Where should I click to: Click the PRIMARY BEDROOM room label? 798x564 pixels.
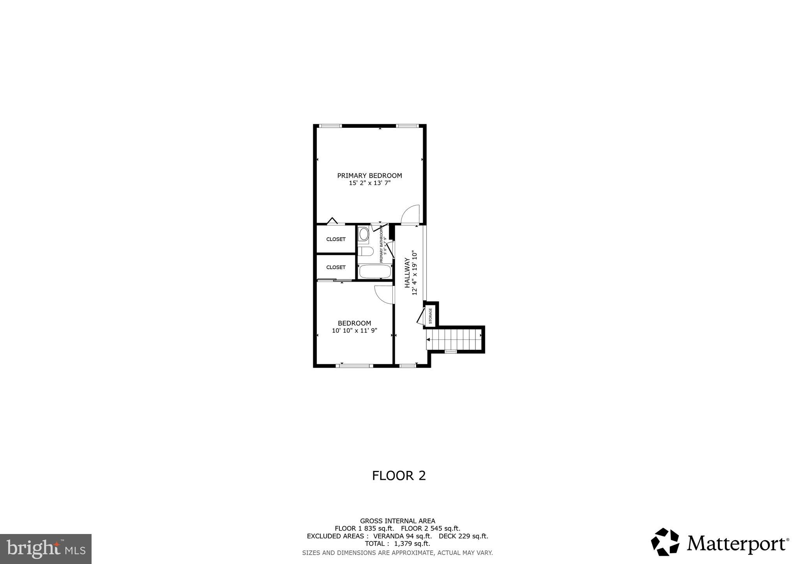(369, 176)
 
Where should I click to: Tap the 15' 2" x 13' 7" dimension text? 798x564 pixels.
(369, 183)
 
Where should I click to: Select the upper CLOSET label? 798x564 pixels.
(336, 239)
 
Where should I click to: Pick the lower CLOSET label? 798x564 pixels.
(336, 267)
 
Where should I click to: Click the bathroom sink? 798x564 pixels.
(364, 234)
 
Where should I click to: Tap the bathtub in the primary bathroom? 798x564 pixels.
(374, 271)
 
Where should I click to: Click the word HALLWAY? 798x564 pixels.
(407, 273)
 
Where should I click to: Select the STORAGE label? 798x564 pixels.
(431, 316)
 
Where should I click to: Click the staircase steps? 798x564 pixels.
(454, 339)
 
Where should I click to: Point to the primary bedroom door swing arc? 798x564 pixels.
(411, 215)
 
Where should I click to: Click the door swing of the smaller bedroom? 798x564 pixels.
(384, 294)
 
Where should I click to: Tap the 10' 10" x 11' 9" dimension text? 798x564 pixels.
(355, 331)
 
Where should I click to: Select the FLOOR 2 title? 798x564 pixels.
(399, 476)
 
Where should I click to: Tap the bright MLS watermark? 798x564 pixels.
(46, 549)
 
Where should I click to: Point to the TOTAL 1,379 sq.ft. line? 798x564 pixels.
(397, 543)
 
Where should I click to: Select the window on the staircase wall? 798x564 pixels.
(451, 352)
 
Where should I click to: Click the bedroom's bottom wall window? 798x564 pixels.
(354, 366)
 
